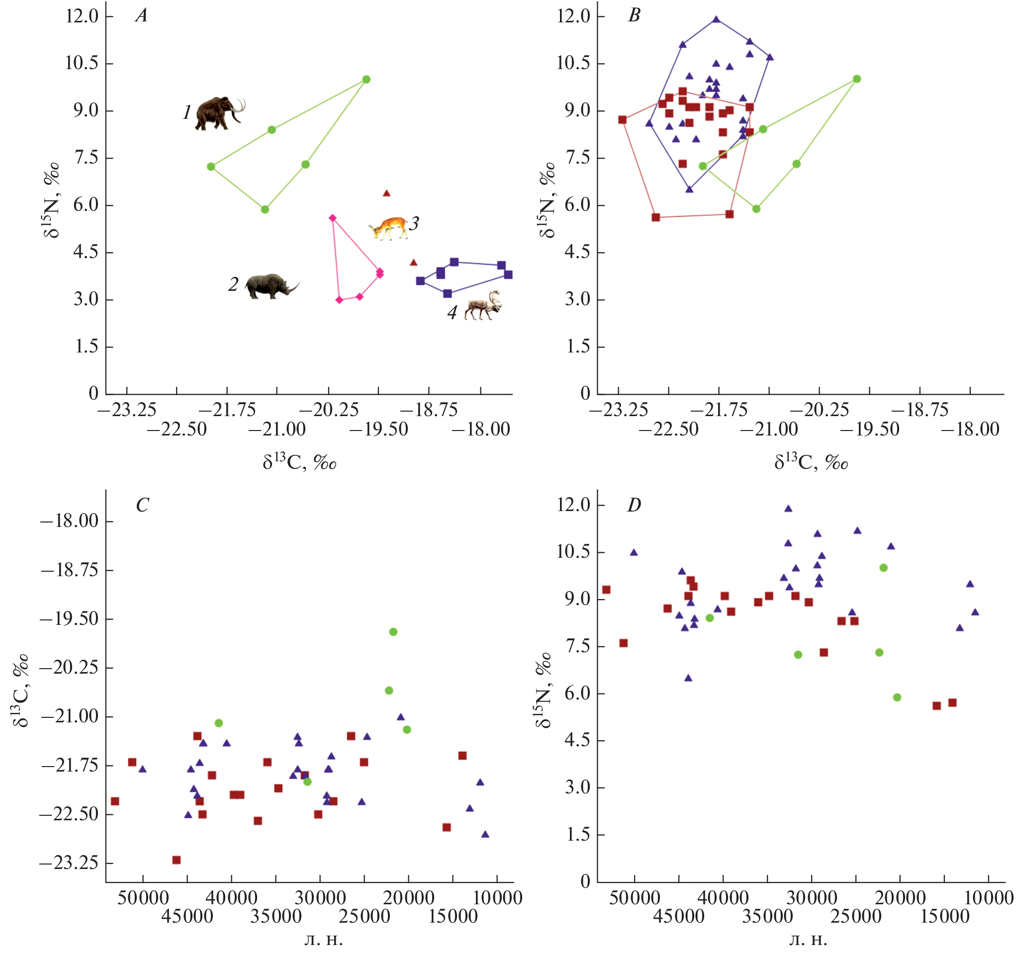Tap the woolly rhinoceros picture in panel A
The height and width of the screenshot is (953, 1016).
click(271, 286)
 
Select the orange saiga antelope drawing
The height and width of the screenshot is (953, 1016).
click(388, 227)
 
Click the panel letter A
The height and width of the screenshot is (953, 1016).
click(141, 16)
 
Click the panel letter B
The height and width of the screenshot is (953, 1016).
click(634, 16)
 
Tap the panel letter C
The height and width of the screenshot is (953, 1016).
click(142, 506)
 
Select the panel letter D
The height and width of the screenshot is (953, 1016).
click(634, 506)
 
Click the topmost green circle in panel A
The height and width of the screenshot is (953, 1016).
click(366, 79)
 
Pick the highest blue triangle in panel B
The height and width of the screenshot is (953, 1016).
click(716, 19)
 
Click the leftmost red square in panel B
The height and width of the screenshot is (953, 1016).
click(622, 120)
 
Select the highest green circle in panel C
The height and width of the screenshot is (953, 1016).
click(393, 631)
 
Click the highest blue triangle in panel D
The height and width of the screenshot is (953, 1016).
click(788, 509)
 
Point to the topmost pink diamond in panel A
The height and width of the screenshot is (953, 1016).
click(332, 218)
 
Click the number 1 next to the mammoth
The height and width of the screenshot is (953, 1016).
click(187, 112)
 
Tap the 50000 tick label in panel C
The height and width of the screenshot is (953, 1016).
click(143, 898)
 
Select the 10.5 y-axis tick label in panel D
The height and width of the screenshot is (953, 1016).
click(573, 552)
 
